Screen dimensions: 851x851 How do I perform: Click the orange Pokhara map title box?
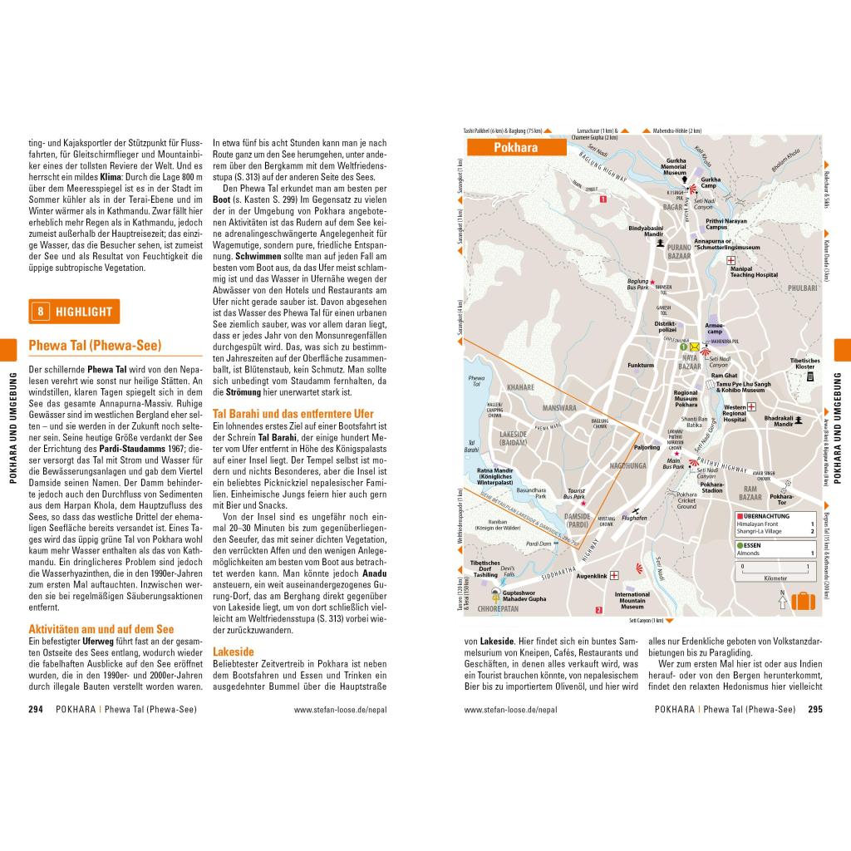(x=515, y=148)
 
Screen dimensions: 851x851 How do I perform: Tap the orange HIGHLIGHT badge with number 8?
(x=74, y=312)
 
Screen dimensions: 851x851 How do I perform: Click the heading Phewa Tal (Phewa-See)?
(x=95, y=346)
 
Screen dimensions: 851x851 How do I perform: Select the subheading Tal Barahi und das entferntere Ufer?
(x=293, y=413)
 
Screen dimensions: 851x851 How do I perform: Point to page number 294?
(x=36, y=710)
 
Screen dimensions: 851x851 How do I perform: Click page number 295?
(x=814, y=710)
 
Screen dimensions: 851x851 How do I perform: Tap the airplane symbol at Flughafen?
(x=636, y=510)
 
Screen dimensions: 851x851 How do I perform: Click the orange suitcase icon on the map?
(x=803, y=601)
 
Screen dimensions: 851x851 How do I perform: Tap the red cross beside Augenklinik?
(x=615, y=575)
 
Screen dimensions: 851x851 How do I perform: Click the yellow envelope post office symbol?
(x=693, y=347)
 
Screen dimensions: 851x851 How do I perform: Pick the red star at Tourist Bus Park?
(x=583, y=504)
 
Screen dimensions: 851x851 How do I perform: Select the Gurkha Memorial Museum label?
(x=673, y=167)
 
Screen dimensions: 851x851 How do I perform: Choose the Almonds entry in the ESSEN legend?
(x=751, y=552)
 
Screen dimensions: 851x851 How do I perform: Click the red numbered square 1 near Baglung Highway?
(x=603, y=199)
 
